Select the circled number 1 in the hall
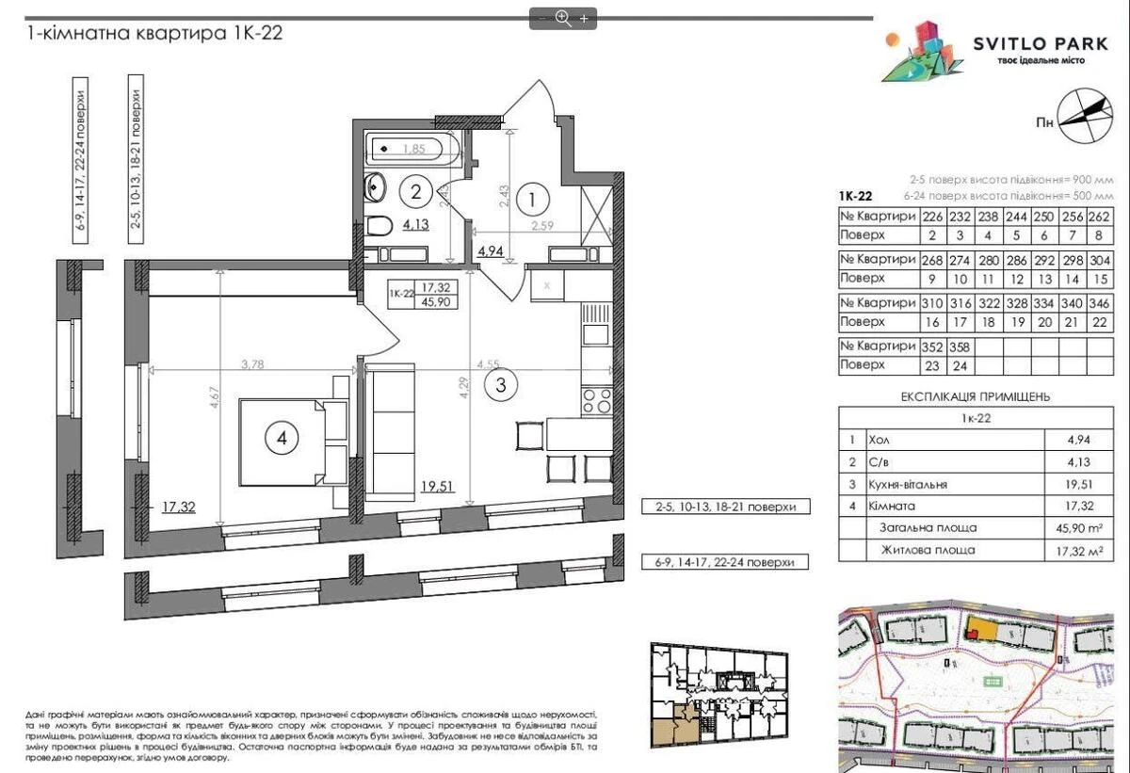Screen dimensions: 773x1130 point(533,200)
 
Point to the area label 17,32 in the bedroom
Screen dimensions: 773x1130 point(178,507)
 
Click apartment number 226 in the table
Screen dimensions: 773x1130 point(933,216)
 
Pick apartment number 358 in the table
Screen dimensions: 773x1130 point(962,346)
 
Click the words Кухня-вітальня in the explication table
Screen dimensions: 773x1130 point(909,484)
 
